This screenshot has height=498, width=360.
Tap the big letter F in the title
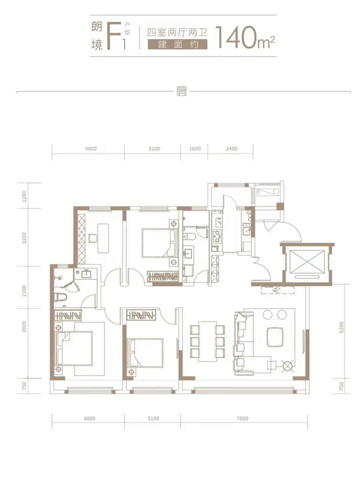(x=114, y=36)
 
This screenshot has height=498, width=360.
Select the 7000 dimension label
(x=243, y=418)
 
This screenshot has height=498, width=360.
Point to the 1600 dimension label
(x=195, y=149)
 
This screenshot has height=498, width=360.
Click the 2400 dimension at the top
(x=232, y=149)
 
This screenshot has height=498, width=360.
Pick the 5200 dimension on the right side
(x=342, y=327)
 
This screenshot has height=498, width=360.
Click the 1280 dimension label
(x=24, y=196)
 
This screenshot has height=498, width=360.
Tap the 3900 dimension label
(x=24, y=327)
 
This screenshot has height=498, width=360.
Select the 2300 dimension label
(x=24, y=291)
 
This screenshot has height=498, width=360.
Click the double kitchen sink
(x=247, y=229)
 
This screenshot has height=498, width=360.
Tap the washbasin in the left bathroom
(x=86, y=274)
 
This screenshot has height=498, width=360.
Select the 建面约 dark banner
(x=178, y=44)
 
